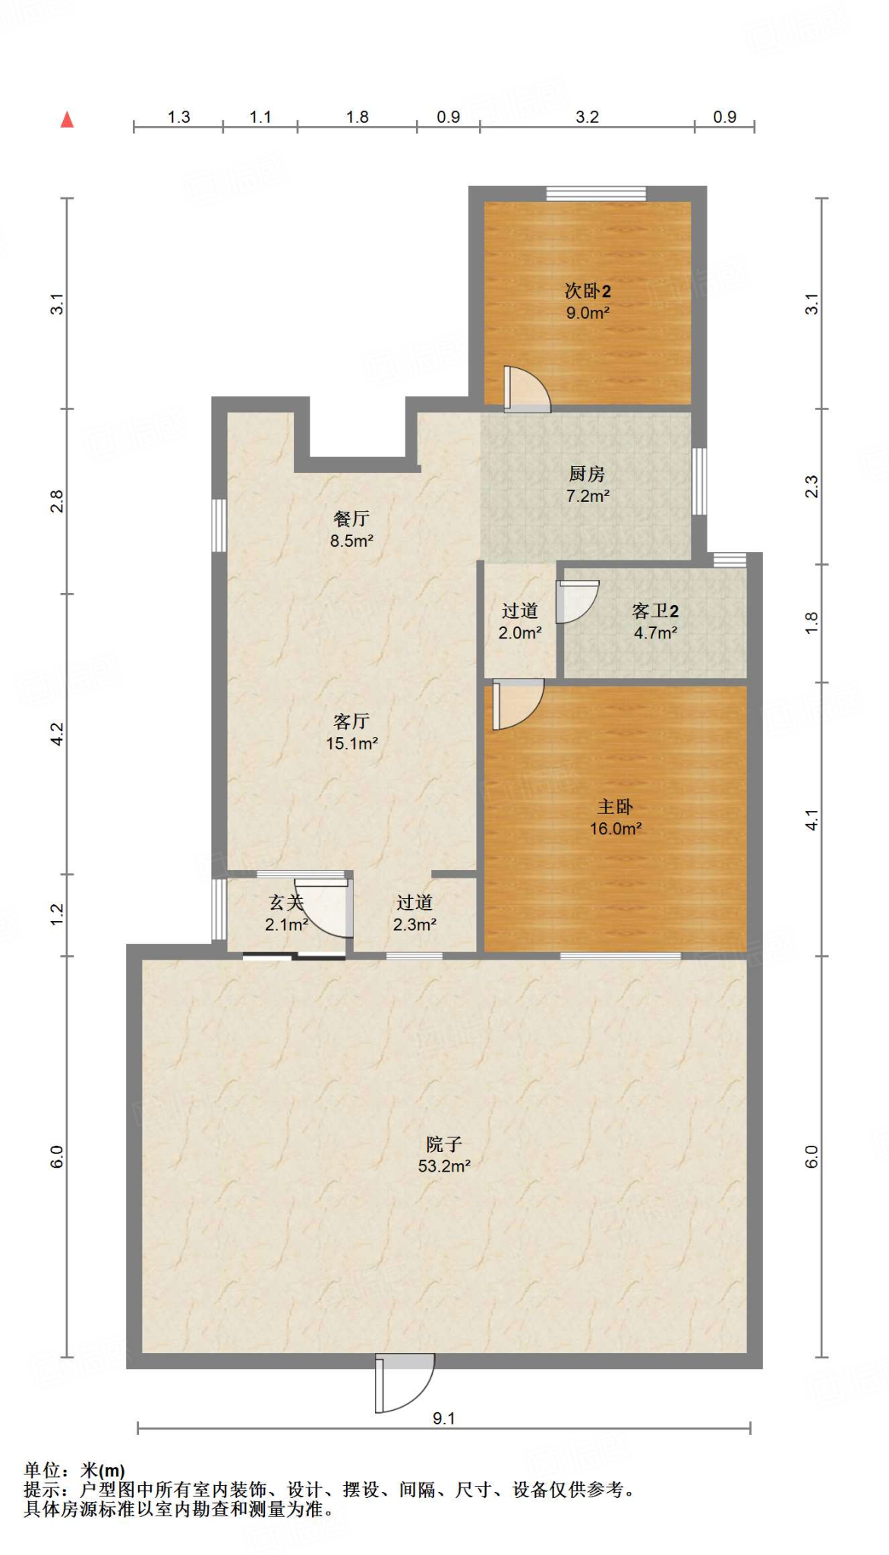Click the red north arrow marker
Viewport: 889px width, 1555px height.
[67, 119]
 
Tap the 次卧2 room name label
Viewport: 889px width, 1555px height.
[587, 291]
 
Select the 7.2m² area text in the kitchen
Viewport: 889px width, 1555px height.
[588, 496]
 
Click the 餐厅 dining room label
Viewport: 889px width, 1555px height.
[351, 519]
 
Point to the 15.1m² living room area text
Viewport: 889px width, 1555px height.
[352, 743]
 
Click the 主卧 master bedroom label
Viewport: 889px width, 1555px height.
[615, 806]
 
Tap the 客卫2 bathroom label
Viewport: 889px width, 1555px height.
[654, 611]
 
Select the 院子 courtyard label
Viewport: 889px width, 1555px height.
[444, 1143]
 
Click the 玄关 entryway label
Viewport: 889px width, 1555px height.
[285, 903]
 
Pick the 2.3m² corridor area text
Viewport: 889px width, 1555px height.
[414, 924]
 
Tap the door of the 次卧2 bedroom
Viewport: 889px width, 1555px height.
[525, 390]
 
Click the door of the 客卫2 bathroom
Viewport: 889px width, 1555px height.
[575, 601]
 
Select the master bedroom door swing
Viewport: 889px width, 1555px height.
[516, 704]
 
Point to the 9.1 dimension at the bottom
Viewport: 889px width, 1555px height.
[443, 1418]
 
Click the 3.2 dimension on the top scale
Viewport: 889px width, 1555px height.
[587, 117]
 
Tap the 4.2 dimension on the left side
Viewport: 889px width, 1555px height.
[58, 733]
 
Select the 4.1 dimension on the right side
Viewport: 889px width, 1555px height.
[812, 820]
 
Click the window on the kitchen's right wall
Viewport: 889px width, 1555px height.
[699, 481]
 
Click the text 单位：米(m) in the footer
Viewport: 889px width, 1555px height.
[74, 1470]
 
